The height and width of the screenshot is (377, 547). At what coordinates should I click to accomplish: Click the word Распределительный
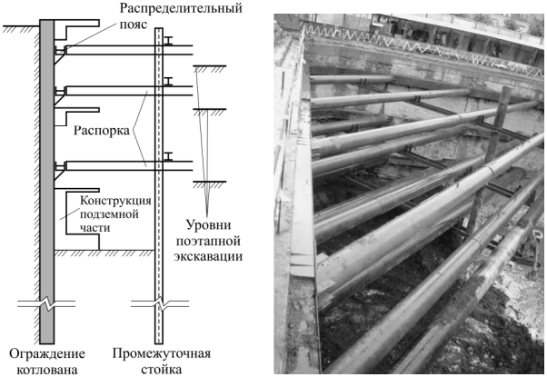click(x=181, y=8)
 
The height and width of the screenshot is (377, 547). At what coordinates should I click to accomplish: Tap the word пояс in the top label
click(x=134, y=25)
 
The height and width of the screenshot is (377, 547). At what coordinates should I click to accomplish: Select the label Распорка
click(x=102, y=131)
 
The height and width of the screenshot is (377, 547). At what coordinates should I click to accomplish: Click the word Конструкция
click(x=115, y=201)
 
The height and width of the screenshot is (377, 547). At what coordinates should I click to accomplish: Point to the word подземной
click(x=109, y=213)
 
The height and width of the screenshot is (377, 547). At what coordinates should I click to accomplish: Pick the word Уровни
click(x=208, y=225)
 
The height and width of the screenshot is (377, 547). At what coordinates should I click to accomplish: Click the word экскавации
click(x=208, y=256)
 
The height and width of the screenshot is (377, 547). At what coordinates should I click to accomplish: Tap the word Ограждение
click(x=46, y=353)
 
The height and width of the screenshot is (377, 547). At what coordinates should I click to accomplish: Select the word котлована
click(x=47, y=370)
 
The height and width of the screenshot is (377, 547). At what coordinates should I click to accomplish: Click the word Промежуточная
click(x=161, y=353)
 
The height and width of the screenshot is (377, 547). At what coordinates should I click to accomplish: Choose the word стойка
click(x=161, y=370)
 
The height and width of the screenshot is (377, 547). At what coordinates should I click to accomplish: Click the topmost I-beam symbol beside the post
click(x=169, y=41)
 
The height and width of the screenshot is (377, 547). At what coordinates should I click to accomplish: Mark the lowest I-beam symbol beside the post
click(x=169, y=156)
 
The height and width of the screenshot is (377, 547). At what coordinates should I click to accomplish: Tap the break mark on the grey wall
click(x=46, y=303)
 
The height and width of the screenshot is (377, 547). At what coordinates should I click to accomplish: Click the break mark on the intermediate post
click(x=160, y=303)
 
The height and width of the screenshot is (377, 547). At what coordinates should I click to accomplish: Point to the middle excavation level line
click(x=210, y=110)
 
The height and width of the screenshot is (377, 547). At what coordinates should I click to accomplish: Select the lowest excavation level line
click(x=210, y=182)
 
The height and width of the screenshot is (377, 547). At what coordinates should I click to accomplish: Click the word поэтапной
click(x=208, y=241)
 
